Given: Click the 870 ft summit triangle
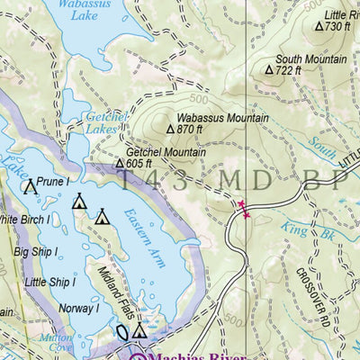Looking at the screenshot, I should point(169,130).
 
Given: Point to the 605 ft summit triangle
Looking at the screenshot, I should point(119,164).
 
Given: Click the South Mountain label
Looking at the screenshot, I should point(310,58).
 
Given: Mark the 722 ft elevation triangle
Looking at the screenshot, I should point(268,69).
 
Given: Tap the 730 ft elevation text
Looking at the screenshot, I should point(337,27).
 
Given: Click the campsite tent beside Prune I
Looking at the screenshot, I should point(30,187).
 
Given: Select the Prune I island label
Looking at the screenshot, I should point(54,182).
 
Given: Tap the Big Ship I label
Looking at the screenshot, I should point(35,253).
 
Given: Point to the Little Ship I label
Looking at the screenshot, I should point(49,282).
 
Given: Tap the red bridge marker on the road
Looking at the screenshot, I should point(242,210).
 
